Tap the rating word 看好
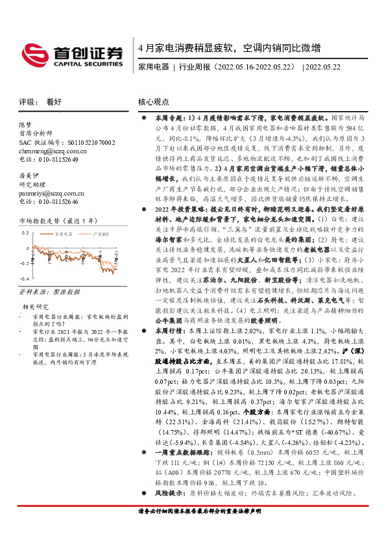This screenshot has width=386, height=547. point(54,103)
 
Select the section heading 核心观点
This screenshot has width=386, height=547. point(154,103)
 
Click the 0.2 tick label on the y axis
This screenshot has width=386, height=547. point(25,232)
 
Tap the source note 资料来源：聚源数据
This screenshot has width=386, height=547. point(48,292)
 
